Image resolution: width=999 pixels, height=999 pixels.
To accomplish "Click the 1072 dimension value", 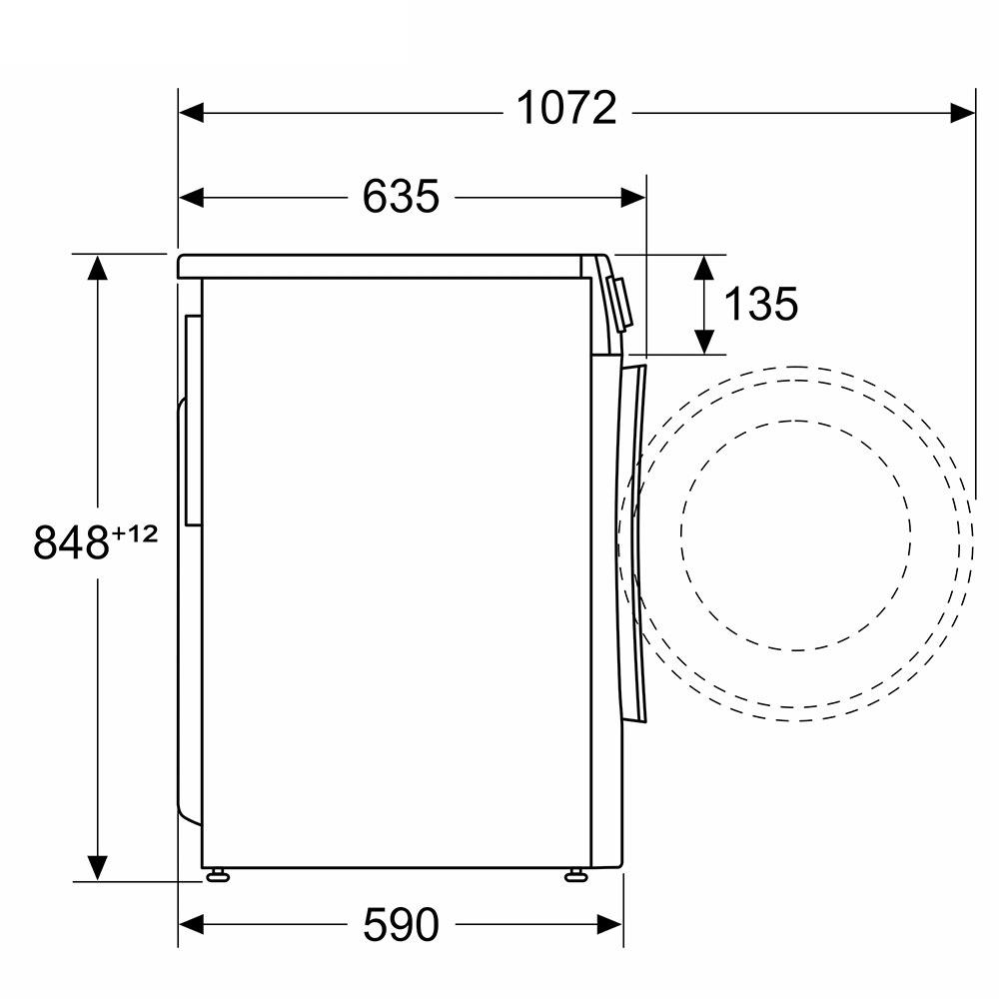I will [566, 109].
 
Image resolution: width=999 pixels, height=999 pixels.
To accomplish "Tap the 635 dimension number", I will [400, 197].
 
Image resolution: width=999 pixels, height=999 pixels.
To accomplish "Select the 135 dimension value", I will [760, 304].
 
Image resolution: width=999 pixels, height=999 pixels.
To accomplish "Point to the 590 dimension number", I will [400, 926].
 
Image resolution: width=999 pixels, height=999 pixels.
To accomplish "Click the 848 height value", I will [70, 542].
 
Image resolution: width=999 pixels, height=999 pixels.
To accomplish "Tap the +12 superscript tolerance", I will [135, 533].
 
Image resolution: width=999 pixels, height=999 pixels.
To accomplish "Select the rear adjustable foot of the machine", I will [216, 876].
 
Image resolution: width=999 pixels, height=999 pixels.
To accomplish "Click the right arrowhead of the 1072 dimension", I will [961, 112].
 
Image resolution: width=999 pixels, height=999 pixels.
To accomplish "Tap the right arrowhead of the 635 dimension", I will [633, 197].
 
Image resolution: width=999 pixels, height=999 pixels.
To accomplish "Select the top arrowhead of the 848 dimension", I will [98, 268].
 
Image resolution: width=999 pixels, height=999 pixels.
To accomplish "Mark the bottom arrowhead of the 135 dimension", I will [705, 342].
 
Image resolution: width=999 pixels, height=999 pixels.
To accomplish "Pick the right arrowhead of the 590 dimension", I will [610, 926].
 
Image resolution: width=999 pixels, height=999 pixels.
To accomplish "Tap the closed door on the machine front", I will [633, 539].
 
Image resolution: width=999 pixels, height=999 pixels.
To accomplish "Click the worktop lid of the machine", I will [380, 265].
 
